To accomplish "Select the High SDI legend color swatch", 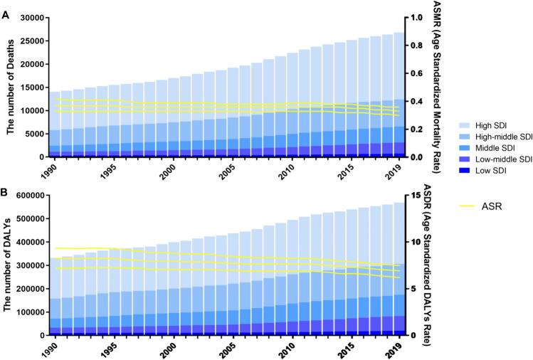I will tap(440, 105).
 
